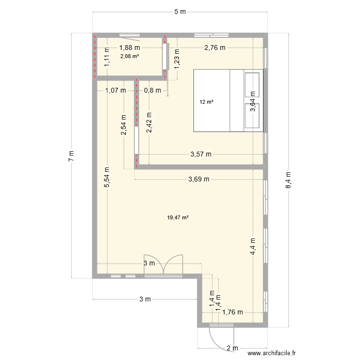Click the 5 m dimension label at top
click(x=180, y=12)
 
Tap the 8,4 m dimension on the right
click(x=288, y=180)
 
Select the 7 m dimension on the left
click(x=72, y=156)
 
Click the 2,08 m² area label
click(x=130, y=56)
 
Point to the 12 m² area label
click(x=206, y=102)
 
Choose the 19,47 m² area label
click(x=178, y=217)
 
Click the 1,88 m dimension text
click(x=130, y=48)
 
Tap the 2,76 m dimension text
click(x=215, y=48)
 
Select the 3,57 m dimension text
click(x=201, y=154)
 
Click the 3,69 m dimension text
click(x=199, y=179)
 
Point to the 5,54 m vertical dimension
click(x=107, y=177)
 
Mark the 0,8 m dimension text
click(x=153, y=90)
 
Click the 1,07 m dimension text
click(x=116, y=90)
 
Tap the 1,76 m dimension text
click(x=233, y=312)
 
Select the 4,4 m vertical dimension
click(x=253, y=246)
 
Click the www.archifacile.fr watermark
click(x=272, y=353)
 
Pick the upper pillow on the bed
click(x=252, y=85)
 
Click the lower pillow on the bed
click(x=252, y=116)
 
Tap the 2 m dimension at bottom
click(x=232, y=348)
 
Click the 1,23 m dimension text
click(x=177, y=59)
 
